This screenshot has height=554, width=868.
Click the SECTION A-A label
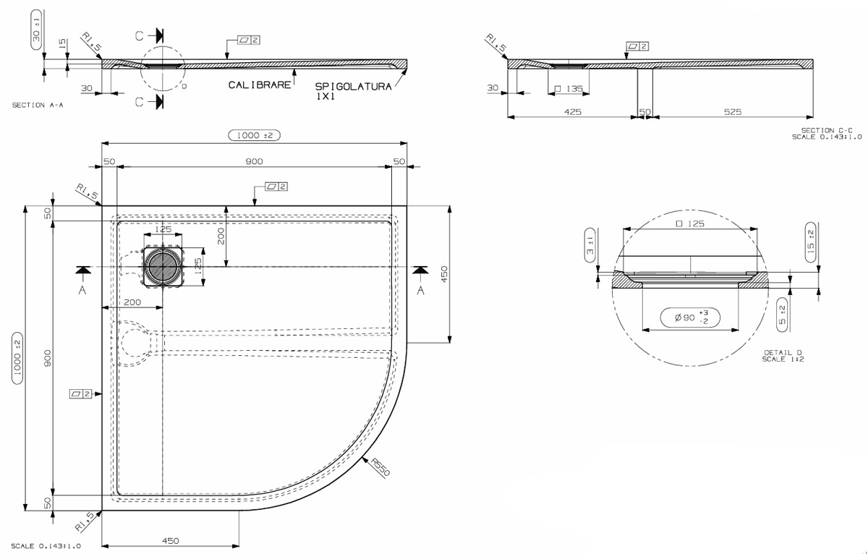pos(38,105)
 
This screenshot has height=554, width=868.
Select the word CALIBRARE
pos(259,85)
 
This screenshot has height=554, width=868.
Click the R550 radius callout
pos(380,466)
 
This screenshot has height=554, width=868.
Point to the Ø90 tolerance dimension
pos(690,318)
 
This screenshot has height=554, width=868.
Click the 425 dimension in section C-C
pos(572,112)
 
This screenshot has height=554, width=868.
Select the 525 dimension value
pos(732,112)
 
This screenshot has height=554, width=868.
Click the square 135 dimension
pos(569,89)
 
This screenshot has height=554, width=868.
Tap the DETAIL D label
pos(783,356)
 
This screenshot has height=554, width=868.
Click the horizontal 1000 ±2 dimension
pos(254,135)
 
